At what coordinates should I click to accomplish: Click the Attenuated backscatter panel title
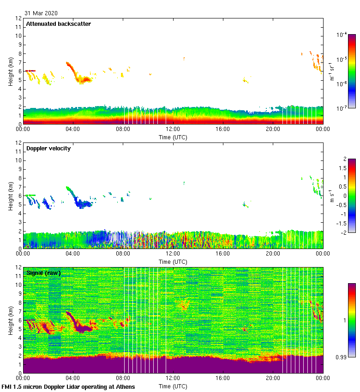pyautogui.click(x=59, y=24)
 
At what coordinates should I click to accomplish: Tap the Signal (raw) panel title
pyautogui.click(x=43, y=273)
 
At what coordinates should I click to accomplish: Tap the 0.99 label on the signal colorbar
pyautogui.click(x=342, y=356)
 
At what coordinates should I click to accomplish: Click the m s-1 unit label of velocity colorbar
pyautogui.click(x=332, y=196)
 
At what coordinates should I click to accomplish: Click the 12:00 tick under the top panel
pyautogui.click(x=173, y=129)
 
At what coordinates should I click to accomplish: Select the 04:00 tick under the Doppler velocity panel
pyautogui.click(x=73, y=254)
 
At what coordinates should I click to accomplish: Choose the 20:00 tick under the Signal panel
pyautogui.click(x=273, y=378)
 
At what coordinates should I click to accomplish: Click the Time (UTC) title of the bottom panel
pyautogui.click(x=173, y=386)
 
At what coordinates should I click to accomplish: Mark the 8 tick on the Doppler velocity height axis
pyautogui.click(x=19, y=178)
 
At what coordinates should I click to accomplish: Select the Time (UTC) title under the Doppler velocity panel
pyautogui.click(x=173, y=261)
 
